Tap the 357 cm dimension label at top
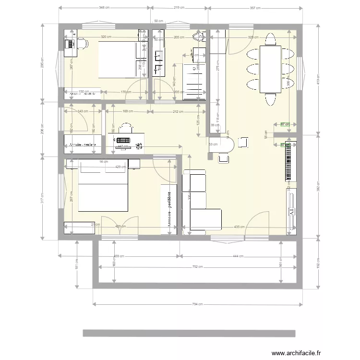coord(255,8)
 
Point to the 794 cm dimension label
coord(198,304)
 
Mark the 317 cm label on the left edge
coord(42,198)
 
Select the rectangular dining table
coord(270,69)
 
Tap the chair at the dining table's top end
coord(270,38)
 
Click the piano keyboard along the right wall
coord(288,162)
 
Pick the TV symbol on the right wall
coord(291,212)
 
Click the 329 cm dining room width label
coord(253,37)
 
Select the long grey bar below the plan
coord(189,333)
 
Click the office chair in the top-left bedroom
coord(82,44)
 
